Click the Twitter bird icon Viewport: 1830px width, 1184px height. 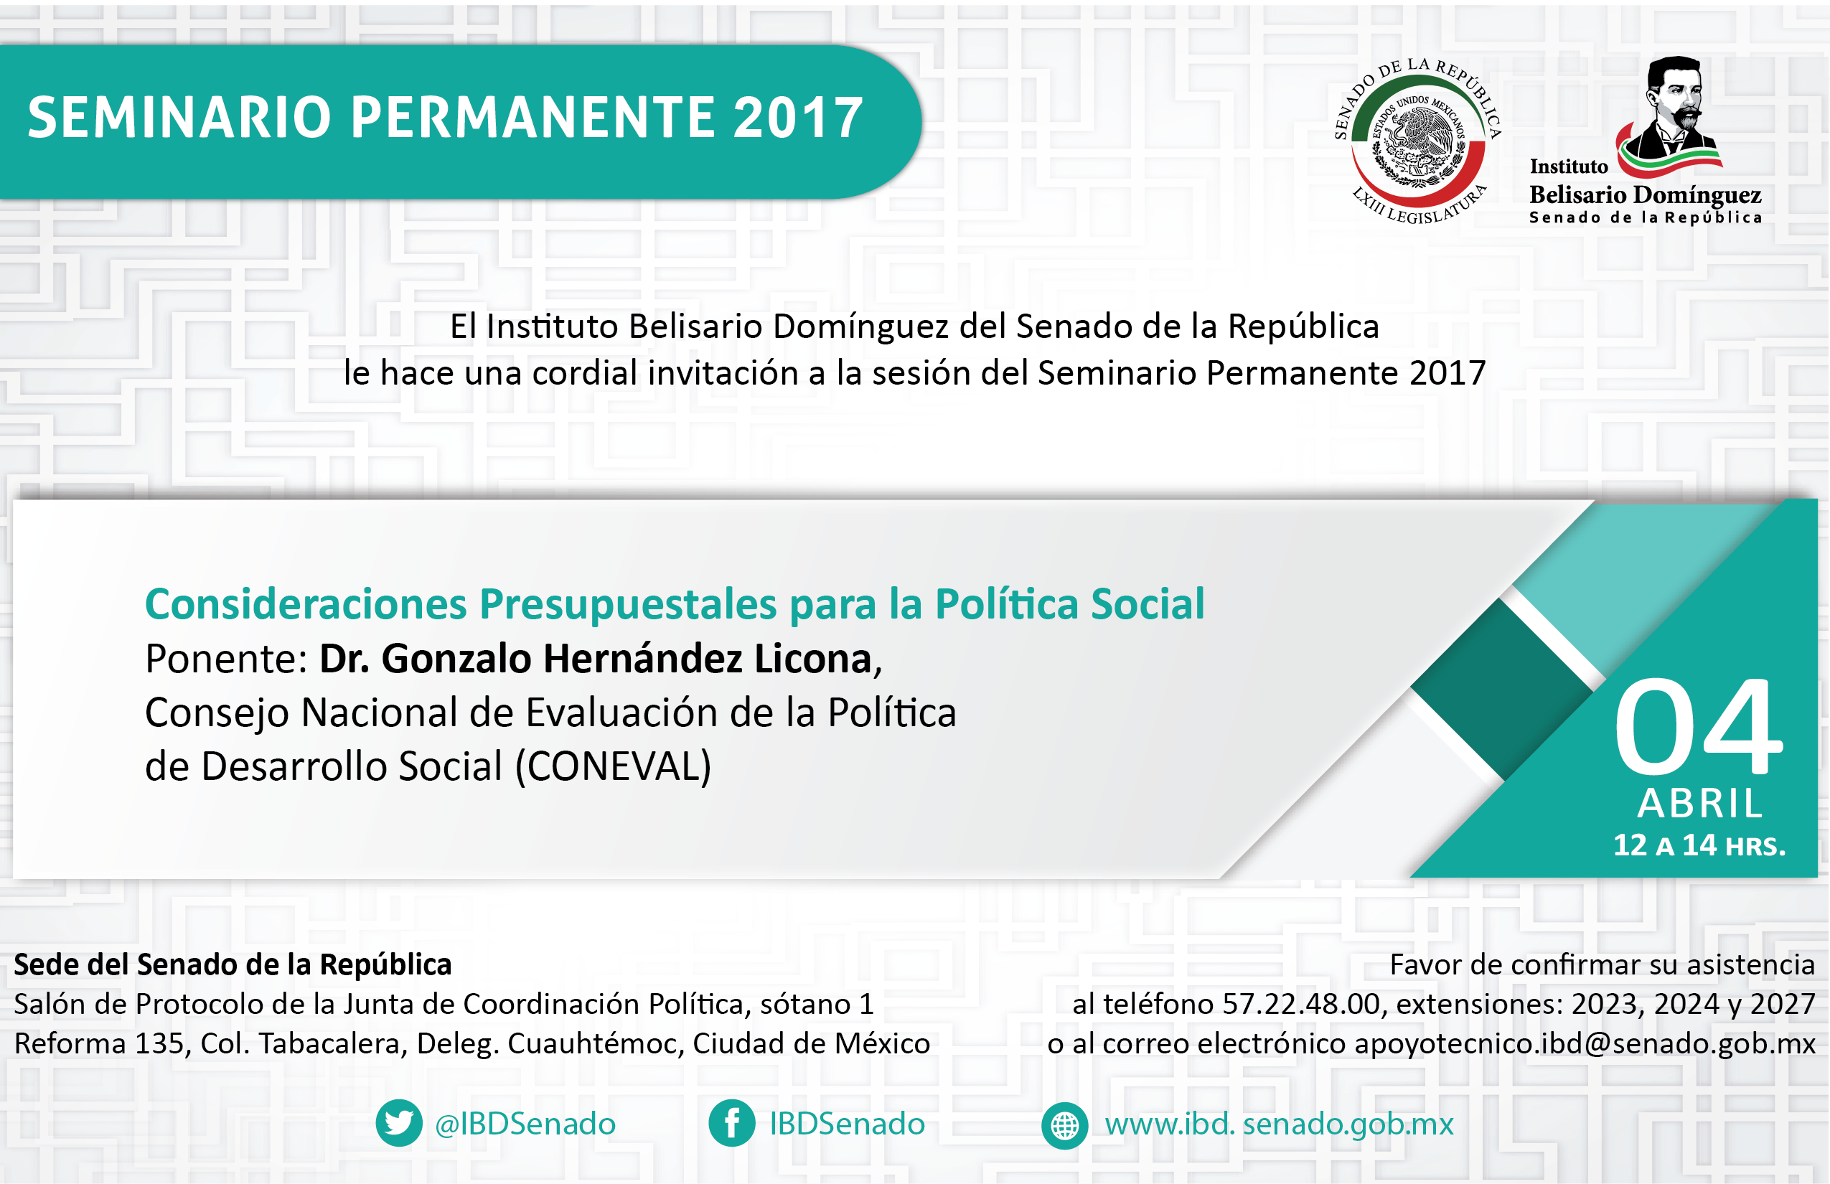tap(398, 1123)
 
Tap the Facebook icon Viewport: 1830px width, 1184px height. tap(732, 1123)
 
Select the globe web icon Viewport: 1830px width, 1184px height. tap(1064, 1126)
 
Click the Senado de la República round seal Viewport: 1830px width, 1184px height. tap(1418, 141)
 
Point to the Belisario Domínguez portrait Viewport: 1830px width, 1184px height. tap(1671, 114)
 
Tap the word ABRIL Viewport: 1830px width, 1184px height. tap(1700, 804)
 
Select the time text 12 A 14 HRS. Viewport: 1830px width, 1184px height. tap(1699, 846)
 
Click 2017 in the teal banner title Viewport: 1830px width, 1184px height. tap(797, 118)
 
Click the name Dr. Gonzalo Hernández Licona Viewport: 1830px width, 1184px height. tap(595, 659)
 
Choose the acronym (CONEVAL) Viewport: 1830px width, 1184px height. tap(613, 766)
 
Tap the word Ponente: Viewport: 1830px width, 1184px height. tap(226, 659)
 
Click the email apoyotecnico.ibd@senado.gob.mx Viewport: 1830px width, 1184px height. tap(1585, 1043)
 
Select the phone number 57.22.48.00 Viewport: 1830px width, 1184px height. tap(1301, 1004)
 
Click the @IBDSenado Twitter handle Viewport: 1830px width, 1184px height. tap(525, 1124)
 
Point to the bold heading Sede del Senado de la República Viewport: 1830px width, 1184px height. tap(233, 965)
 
